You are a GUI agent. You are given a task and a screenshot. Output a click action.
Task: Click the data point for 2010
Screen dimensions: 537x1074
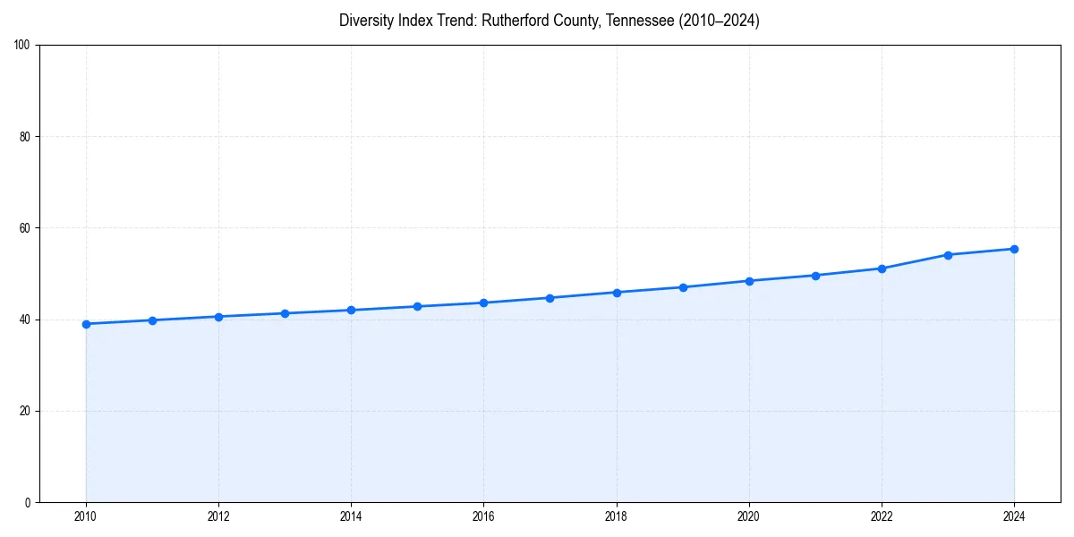86,324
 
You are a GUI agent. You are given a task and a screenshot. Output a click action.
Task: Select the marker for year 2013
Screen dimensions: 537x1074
285,313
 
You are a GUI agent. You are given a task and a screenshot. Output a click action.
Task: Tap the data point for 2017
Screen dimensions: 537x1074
550,298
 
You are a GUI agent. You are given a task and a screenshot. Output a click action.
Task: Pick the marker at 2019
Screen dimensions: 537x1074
683,287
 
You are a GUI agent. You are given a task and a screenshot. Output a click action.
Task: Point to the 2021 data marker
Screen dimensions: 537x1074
815,276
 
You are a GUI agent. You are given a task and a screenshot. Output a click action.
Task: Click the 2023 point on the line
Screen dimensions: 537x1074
948,255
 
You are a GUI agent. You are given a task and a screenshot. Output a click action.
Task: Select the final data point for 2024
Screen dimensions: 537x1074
1014,249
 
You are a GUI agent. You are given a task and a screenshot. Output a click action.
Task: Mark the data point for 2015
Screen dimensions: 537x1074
417,306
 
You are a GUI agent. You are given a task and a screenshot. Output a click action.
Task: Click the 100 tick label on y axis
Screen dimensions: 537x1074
23,46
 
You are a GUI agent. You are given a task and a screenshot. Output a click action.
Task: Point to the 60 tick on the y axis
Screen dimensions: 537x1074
26,228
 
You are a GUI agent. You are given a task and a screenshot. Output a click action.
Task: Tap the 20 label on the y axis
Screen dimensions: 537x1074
26,411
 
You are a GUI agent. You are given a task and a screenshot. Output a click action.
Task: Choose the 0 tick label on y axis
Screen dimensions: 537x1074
29,502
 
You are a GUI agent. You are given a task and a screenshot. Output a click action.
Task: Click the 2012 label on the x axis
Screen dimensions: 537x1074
218,516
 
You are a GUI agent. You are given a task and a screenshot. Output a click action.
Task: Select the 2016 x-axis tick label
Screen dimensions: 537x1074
483,516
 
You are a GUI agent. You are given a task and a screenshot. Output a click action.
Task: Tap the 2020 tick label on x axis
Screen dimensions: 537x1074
749,516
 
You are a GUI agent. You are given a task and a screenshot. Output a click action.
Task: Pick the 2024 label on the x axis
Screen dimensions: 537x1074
1014,516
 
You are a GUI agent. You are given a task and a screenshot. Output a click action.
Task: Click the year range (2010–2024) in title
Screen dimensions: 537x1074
719,21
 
